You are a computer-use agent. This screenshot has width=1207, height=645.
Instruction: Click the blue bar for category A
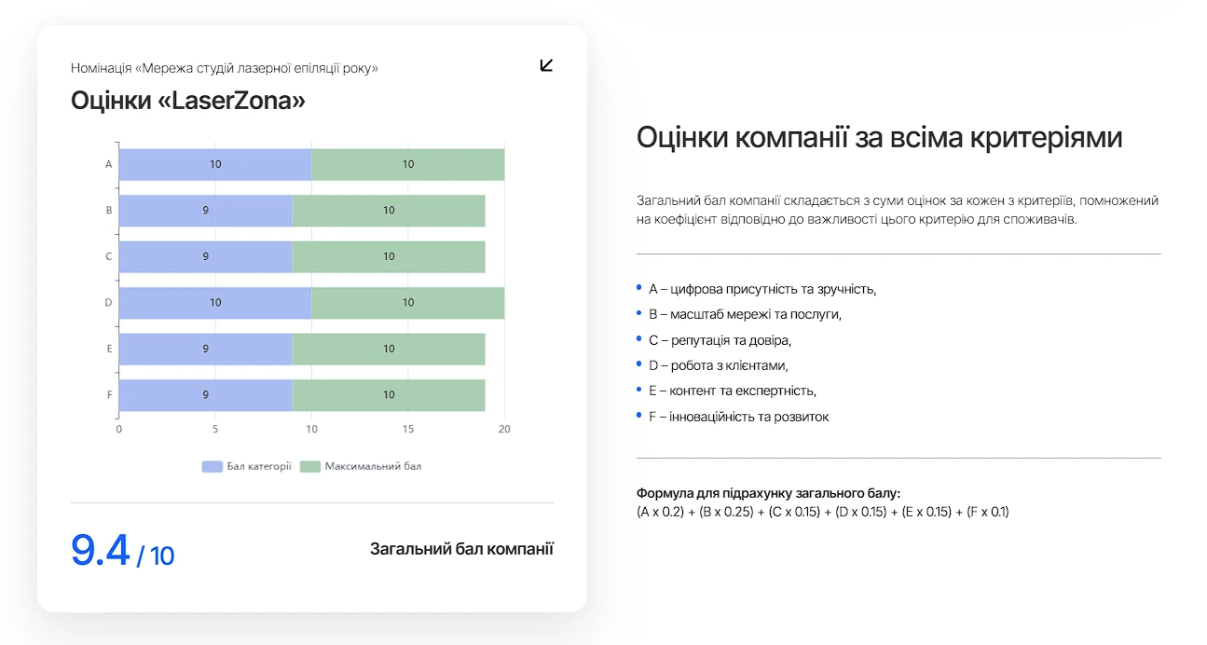point(214,164)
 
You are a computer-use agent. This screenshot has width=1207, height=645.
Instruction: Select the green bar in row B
point(389,211)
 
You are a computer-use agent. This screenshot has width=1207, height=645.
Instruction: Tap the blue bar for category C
point(205,256)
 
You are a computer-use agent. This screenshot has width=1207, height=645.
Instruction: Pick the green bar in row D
point(407,303)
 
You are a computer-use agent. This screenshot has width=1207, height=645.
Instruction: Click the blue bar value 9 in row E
point(205,349)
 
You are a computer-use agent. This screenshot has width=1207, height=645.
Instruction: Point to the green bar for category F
point(389,394)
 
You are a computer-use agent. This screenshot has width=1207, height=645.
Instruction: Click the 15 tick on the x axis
point(408,429)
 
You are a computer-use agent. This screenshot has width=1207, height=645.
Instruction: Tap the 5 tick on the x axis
point(215,429)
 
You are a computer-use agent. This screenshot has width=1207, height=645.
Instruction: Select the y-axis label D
point(109,303)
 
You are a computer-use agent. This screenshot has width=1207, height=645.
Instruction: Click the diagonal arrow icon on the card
point(546,65)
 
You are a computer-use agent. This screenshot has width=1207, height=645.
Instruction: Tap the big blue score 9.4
point(101,551)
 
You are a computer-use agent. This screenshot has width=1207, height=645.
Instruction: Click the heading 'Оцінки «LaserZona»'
point(188,101)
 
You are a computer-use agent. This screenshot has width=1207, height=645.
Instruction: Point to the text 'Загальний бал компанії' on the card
point(461,549)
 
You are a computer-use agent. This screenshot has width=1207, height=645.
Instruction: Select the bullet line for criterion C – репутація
point(720,340)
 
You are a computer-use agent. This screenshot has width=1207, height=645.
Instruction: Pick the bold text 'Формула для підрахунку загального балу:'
point(769,493)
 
